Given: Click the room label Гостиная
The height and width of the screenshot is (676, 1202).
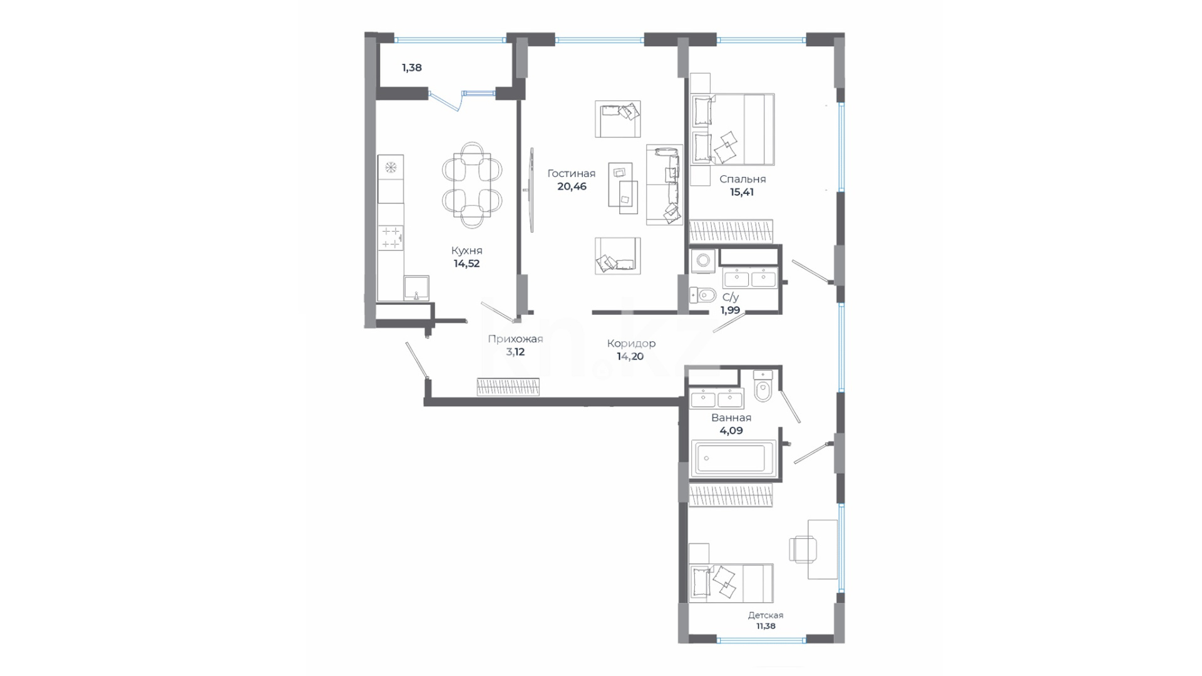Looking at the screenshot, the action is tap(571, 173).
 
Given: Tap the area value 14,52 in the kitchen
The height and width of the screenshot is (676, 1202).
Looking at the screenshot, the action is tap(466, 264).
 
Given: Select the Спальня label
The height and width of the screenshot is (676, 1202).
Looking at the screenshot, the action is tap(742, 180).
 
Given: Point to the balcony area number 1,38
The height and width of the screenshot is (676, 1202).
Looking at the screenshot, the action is tap(411, 68).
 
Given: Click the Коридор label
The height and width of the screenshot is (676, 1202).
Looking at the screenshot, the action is tap(631, 344).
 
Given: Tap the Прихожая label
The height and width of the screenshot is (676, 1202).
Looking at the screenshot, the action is tap(515, 339).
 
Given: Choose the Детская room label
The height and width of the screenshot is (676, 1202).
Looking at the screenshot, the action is tap(765, 615).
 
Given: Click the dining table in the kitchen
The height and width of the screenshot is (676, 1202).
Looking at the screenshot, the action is tap(472, 185).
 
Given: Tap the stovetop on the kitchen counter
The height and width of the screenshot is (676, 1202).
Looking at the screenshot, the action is tap(391, 237).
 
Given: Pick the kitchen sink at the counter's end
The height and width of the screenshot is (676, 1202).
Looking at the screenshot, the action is tap(416, 289).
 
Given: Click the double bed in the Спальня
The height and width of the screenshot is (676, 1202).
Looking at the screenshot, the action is tap(732, 130).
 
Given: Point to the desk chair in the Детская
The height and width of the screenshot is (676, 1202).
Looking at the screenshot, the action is tap(803, 549).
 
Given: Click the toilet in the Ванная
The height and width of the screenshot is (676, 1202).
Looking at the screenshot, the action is tap(763, 386).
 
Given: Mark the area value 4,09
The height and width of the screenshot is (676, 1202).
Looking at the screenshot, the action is tap(731, 431).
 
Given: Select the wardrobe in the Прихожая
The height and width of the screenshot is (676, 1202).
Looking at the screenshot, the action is tap(508, 387).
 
